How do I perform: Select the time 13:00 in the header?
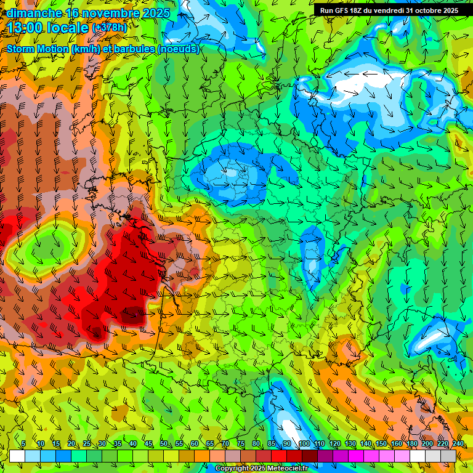(x=25, y=28)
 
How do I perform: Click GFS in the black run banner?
(x=342, y=10)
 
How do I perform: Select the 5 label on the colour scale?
(x=23, y=444)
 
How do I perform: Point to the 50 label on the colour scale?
(x=163, y=444)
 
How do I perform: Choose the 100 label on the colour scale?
(x=304, y=444)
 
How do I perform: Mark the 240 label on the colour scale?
(x=458, y=444)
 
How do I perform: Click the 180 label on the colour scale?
(x=411, y=444)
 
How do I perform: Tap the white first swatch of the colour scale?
(x=17, y=456)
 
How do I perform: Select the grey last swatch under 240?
(x=448, y=456)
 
